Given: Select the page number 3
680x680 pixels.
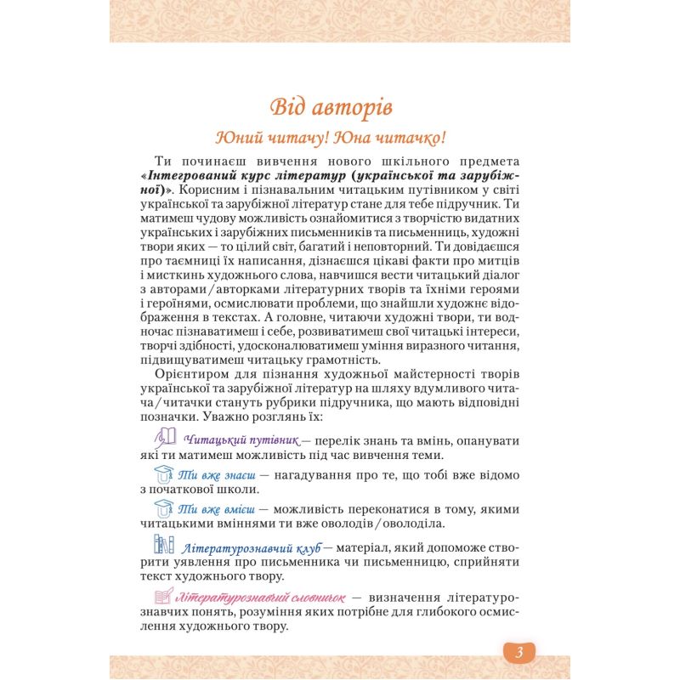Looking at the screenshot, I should pos(519,651).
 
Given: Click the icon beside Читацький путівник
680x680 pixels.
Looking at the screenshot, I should pos(165,438).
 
